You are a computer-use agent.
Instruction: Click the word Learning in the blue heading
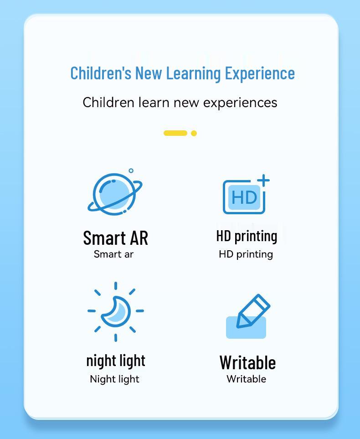click(193, 73)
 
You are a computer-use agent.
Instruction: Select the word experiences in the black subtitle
click(240, 103)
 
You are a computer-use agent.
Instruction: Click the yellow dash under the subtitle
click(175, 133)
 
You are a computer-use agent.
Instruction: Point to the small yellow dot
click(194, 133)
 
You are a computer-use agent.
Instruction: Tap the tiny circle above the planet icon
click(131, 171)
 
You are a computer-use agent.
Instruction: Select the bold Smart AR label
click(115, 238)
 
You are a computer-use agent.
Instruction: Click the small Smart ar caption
click(113, 254)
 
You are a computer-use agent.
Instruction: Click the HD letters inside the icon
click(244, 197)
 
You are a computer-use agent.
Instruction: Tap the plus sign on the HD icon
click(263, 181)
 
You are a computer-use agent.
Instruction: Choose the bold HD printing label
click(247, 236)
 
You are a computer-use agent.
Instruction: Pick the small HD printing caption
click(246, 254)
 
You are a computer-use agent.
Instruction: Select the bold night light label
click(116, 361)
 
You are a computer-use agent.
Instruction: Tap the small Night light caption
click(114, 379)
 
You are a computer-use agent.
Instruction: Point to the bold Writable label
click(247, 362)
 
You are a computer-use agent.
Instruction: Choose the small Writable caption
click(246, 379)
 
